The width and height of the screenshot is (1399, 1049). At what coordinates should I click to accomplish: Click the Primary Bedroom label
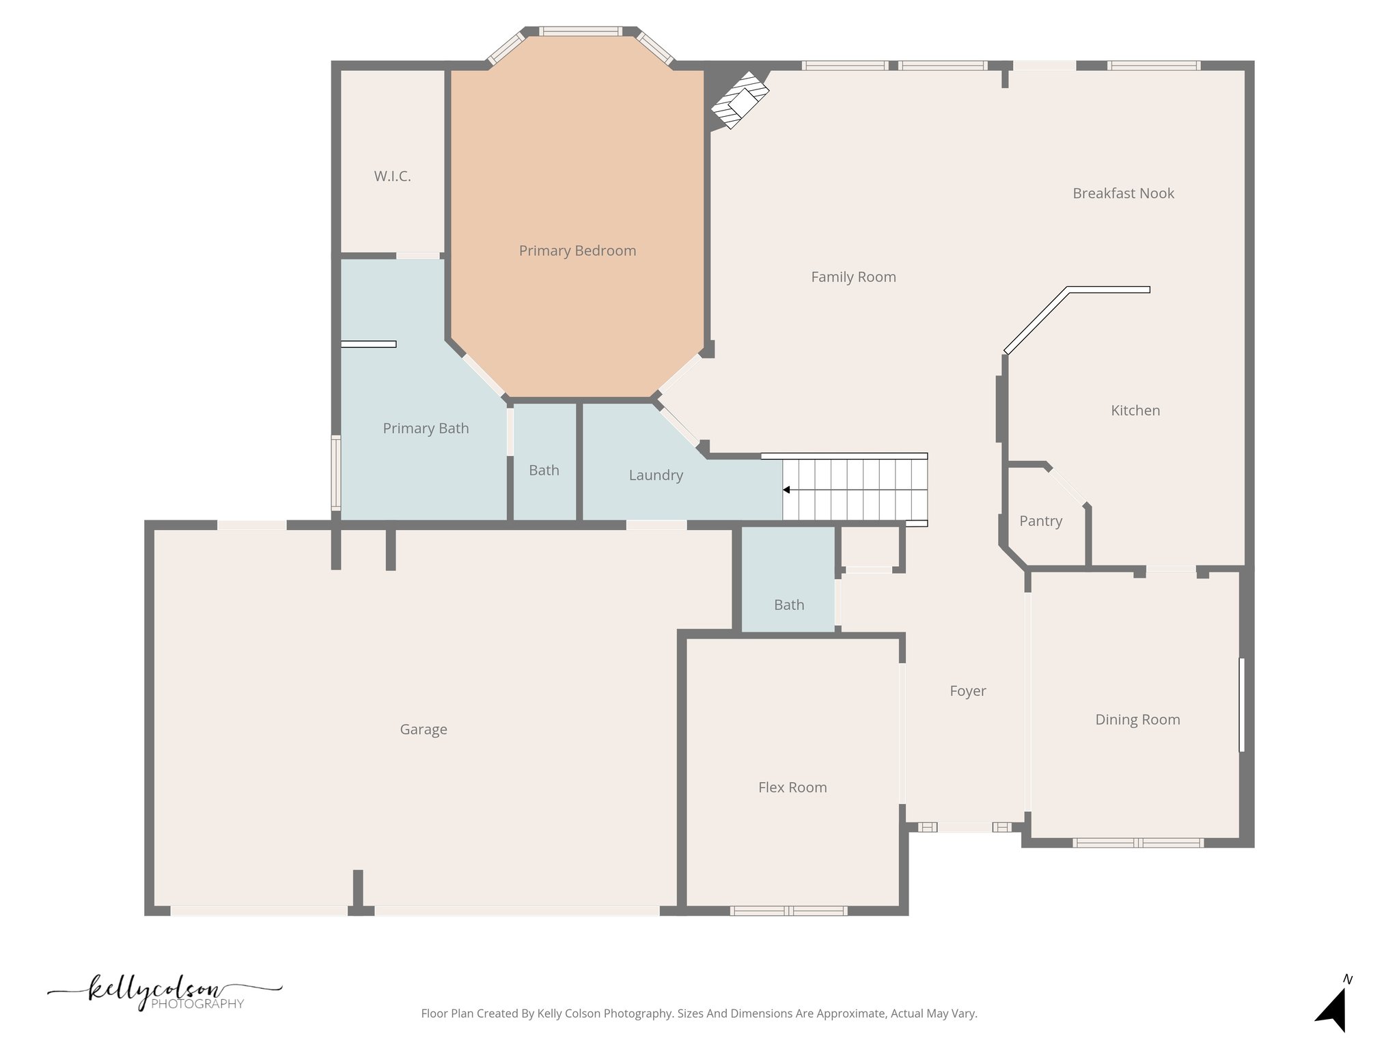[x=577, y=251]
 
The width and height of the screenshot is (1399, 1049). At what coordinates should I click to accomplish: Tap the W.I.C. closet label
[x=392, y=176]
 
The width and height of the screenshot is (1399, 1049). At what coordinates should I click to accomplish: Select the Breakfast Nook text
[x=1123, y=193]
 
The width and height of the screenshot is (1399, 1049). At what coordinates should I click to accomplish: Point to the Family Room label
[x=853, y=277]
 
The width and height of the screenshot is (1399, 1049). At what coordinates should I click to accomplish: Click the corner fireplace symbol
[x=739, y=100]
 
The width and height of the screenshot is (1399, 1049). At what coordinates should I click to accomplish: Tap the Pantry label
[x=1040, y=521]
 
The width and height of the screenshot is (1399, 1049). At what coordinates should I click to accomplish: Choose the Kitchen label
[x=1135, y=410]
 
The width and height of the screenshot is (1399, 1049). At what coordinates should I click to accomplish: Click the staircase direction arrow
[x=787, y=490]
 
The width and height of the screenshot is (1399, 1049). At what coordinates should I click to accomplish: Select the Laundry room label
[x=656, y=475]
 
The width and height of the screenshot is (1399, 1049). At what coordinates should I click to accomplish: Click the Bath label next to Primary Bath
[x=544, y=471]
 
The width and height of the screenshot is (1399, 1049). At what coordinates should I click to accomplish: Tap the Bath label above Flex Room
[x=789, y=605]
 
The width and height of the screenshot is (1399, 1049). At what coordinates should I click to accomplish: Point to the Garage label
[x=424, y=729]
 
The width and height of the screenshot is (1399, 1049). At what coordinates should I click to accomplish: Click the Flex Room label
[x=792, y=787]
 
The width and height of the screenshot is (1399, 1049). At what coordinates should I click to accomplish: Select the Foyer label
[x=968, y=691]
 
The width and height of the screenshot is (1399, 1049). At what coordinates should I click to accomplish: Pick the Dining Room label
[x=1137, y=720]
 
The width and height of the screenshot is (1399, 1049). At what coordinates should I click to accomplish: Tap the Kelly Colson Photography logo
[x=164, y=994]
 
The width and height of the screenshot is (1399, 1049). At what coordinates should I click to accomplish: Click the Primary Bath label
[x=426, y=428]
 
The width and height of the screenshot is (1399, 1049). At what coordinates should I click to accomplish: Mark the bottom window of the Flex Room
[x=788, y=910]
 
